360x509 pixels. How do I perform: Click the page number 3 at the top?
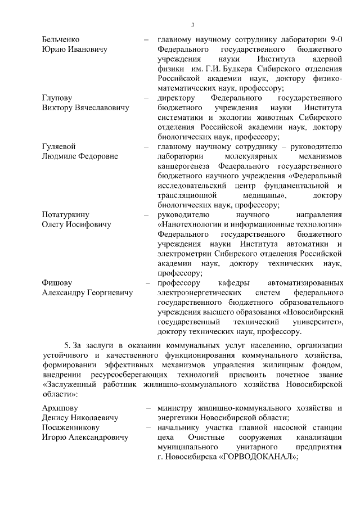(192, 25)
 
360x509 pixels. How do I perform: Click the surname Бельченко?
(61, 39)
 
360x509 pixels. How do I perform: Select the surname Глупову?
(57, 98)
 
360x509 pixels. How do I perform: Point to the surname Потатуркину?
(66, 215)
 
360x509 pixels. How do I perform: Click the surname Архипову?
(61, 407)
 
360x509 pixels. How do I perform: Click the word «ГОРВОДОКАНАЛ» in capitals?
(258, 457)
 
